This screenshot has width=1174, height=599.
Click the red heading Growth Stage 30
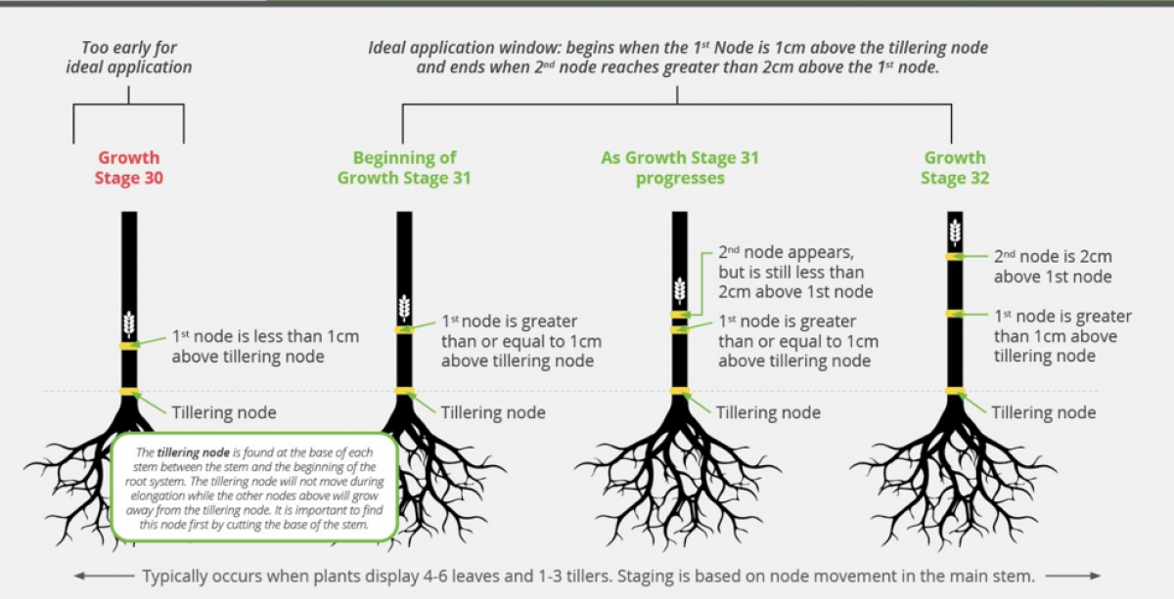(x=129, y=167)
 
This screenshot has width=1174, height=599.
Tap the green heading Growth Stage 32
(x=955, y=167)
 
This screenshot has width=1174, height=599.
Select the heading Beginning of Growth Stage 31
(x=404, y=167)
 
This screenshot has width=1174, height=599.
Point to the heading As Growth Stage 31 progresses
(x=680, y=167)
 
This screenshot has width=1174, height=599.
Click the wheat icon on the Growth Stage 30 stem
(x=129, y=324)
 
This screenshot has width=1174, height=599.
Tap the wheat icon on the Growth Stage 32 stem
(x=955, y=233)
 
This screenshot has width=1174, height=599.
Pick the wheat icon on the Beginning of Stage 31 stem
(x=404, y=308)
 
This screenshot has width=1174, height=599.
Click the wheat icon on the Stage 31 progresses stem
(x=680, y=290)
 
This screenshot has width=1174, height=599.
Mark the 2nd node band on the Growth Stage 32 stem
(x=955, y=257)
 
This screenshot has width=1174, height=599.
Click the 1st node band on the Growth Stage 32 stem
(x=955, y=314)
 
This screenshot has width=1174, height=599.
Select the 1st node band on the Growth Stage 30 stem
(x=129, y=346)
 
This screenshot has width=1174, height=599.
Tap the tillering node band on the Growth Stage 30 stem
(x=129, y=392)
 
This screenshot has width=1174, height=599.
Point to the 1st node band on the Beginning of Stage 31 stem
(x=404, y=330)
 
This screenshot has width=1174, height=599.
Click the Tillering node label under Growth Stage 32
(x=1044, y=412)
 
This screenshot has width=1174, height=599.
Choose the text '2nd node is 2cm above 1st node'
(x=1053, y=267)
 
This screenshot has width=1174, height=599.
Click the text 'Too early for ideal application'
(x=129, y=57)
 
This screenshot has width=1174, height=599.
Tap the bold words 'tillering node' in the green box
(x=194, y=452)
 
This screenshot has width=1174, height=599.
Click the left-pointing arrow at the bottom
(x=104, y=576)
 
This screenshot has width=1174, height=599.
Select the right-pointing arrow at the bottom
(x=1073, y=576)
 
